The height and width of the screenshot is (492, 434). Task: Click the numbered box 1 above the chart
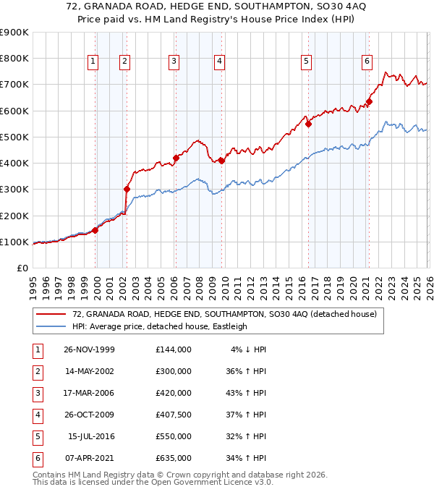[94, 62]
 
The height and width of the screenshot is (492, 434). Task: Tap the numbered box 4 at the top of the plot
[218, 62]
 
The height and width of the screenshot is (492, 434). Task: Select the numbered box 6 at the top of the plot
[367, 62]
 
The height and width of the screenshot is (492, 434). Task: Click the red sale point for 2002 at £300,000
[127, 190]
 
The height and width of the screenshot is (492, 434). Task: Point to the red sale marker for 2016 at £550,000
[308, 124]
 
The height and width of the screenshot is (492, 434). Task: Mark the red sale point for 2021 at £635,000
[369, 102]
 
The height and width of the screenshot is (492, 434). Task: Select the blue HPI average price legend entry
[159, 326]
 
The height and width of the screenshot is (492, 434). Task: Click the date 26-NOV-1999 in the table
[89, 349]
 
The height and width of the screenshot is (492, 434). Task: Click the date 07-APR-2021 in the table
[89, 457]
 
